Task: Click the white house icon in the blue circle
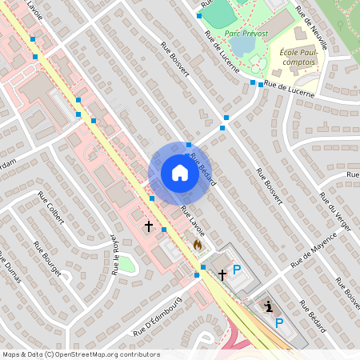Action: [x=179, y=173]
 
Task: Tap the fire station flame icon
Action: [x=198, y=243]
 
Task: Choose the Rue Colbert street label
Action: [x=50, y=206]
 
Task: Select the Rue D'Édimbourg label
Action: [x=159, y=314]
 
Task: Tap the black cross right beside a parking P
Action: [x=222, y=274]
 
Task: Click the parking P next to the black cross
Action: [x=236, y=270]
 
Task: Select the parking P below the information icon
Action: [x=278, y=323]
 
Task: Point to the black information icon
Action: [x=269, y=306]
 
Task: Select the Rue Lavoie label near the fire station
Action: [x=192, y=222]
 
